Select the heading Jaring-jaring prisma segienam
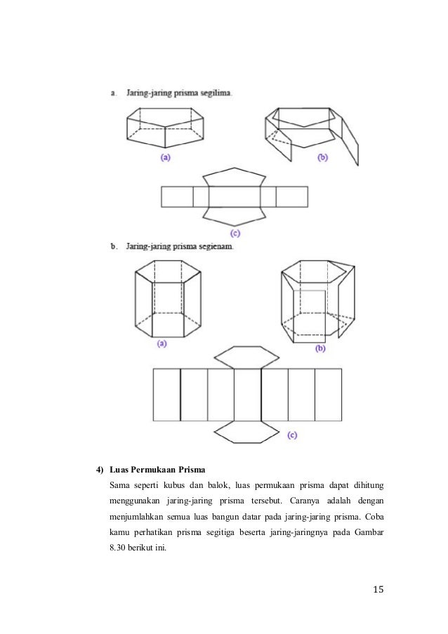(x=181, y=246)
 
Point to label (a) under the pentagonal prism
(x=166, y=158)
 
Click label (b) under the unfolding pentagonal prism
(x=322, y=158)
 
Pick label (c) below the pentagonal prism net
(x=236, y=232)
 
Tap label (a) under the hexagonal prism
(x=162, y=344)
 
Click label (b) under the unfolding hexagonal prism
(x=320, y=348)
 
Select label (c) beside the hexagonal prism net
(x=292, y=435)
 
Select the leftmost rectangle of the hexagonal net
(x=167, y=395)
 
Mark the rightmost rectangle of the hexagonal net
(x=328, y=395)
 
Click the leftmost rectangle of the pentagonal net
(x=177, y=196)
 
